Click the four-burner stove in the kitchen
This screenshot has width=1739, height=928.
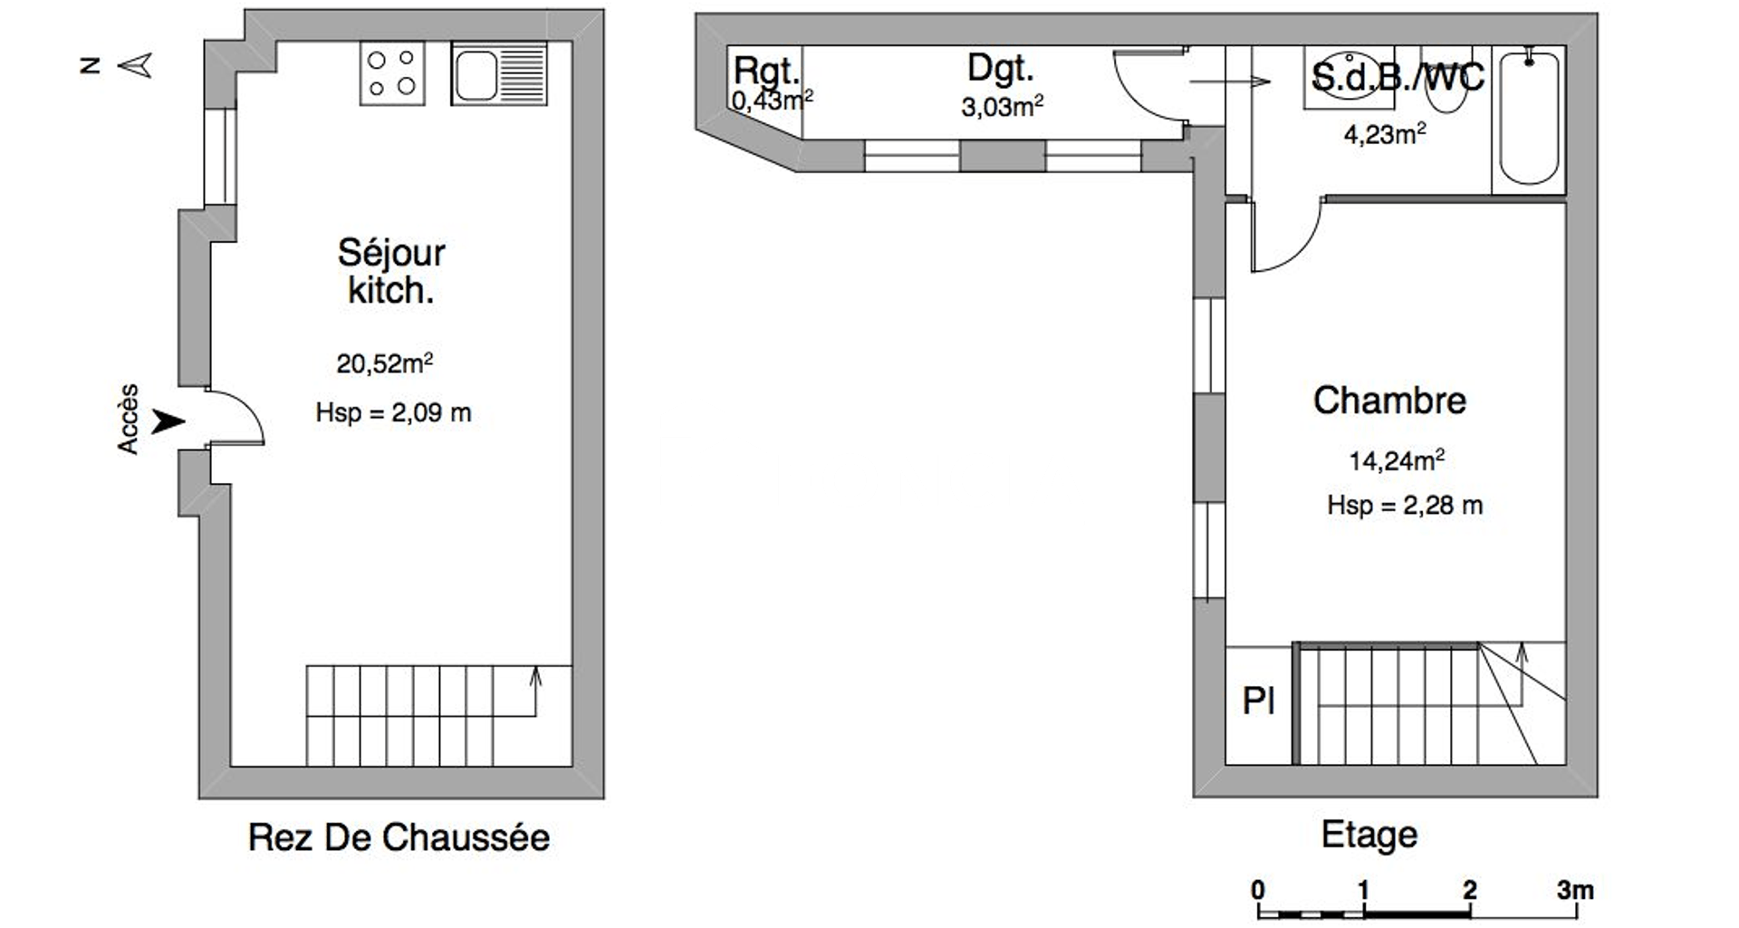click(392, 73)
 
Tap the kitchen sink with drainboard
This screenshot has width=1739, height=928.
click(499, 73)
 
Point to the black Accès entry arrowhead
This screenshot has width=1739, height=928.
click(168, 421)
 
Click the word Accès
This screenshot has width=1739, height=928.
click(128, 419)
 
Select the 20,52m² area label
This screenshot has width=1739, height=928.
click(385, 362)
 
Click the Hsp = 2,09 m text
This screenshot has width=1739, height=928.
click(393, 412)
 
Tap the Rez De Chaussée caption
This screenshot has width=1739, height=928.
click(399, 837)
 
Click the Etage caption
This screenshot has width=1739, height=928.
click(1369, 835)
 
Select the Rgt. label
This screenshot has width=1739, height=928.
click(766, 71)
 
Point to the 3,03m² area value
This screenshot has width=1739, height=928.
click(1002, 106)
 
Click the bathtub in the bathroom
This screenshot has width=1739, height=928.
click(1529, 119)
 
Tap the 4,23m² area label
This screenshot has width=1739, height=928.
click(1385, 134)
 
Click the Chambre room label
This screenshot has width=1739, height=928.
click(1389, 401)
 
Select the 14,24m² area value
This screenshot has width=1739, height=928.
click(1397, 460)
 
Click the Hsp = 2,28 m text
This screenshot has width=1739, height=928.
click(1405, 505)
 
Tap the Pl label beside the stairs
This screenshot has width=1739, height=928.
click(1259, 701)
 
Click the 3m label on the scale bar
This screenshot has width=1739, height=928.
click(1575, 890)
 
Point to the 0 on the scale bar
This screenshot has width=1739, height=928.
click(1258, 890)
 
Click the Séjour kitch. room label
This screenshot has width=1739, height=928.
click(391, 271)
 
